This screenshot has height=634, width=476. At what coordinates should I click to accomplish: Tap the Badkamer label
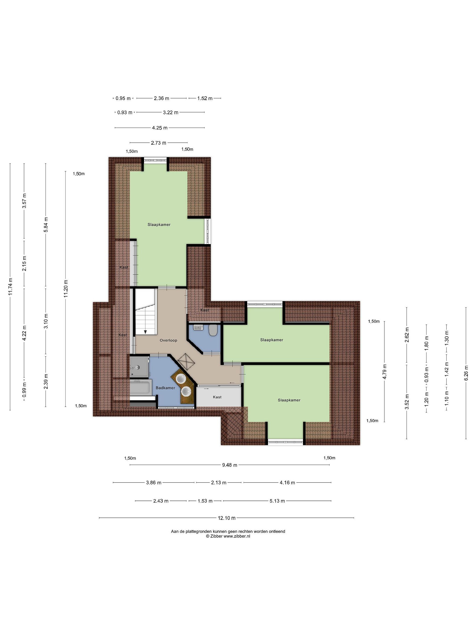click(x=165, y=388)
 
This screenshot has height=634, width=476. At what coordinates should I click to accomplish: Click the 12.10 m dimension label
click(x=227, y=518)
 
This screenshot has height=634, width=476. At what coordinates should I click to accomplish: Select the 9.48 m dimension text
click(x=230, y=465)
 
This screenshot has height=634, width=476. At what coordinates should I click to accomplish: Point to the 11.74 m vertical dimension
click(x=11, y=287)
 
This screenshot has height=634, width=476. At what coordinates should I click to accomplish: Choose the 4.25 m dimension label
click(x=160, y=128)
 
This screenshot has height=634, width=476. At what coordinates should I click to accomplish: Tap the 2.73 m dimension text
click(x=159, y=143)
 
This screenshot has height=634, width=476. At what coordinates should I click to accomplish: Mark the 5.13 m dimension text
click(x=277, y=501)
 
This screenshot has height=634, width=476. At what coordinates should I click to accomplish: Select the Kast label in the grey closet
click(x=217, y=397)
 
